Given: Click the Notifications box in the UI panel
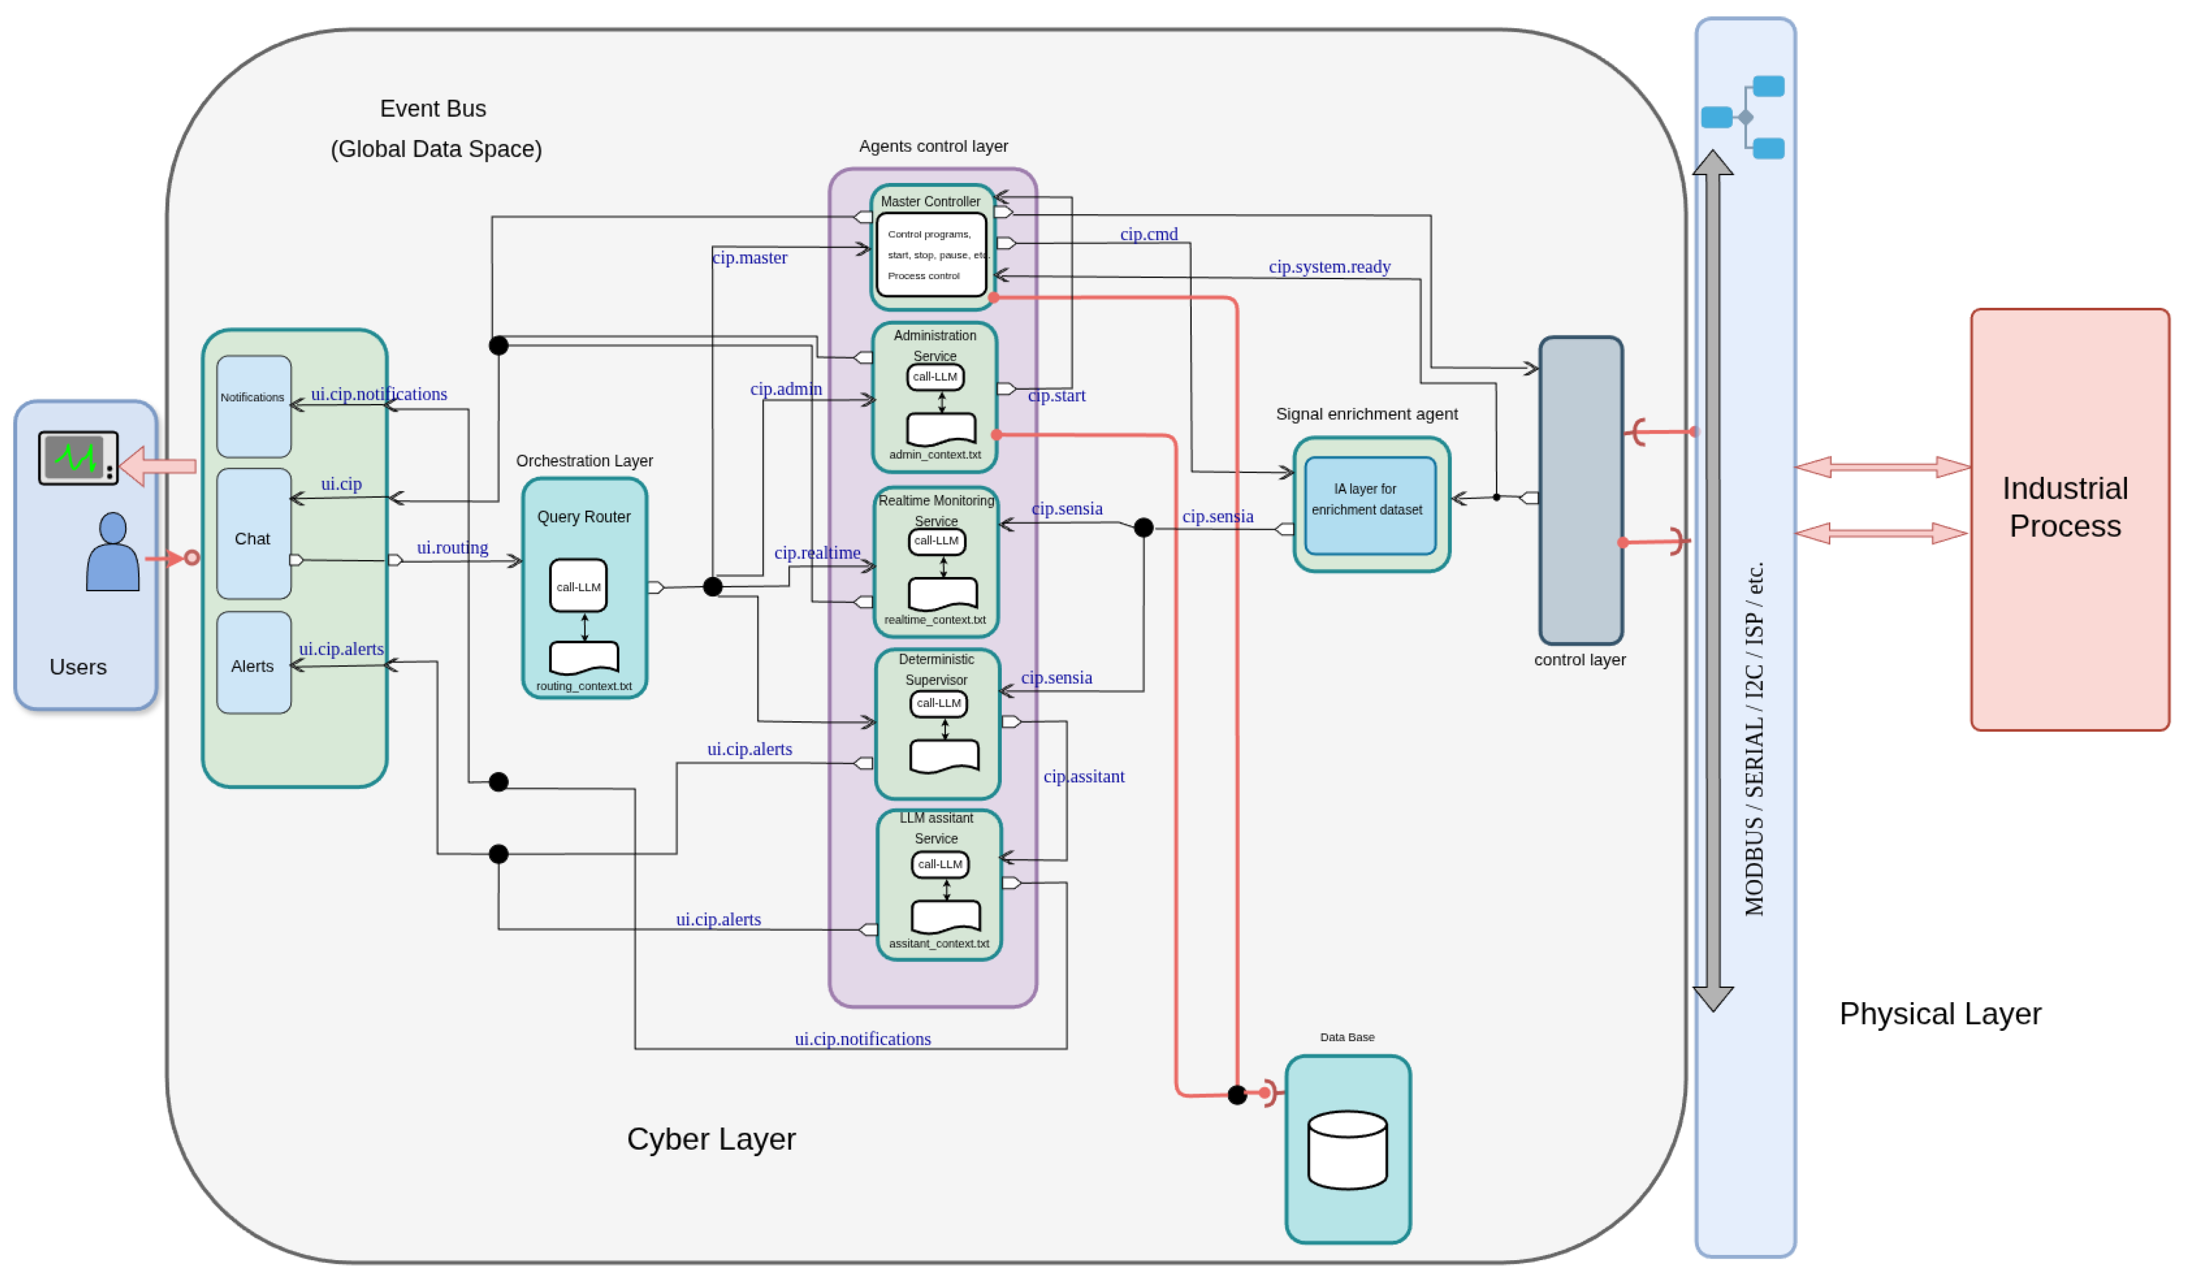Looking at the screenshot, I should (253, 406).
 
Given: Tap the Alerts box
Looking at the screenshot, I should (253, 663).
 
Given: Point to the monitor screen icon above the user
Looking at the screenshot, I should (78, 457).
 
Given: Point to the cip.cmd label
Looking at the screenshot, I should (1149, 234).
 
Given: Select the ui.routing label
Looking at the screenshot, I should (453, 548).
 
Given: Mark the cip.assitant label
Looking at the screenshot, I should (1084, 777).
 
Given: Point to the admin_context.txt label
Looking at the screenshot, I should (935, 455).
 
